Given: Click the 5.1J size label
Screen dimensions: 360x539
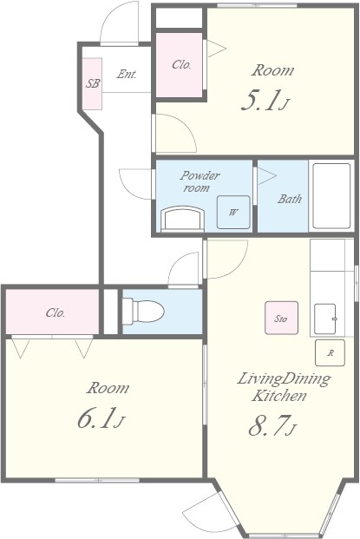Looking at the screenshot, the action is (x=265, y=101).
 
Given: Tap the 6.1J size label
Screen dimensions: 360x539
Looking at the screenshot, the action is (x=101, y=418).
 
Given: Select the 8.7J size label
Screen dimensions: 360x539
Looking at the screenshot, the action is (x=272, y=425).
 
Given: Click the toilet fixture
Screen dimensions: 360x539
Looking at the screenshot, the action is (x=143, y=312).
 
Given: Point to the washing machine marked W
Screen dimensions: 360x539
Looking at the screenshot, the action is (x=233, y=212).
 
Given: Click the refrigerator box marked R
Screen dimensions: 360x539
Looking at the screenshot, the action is (x=330, y=352).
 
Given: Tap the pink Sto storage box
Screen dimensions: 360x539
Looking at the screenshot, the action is (x=281, y=318).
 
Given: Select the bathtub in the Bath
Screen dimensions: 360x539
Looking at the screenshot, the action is (x=331, y=195).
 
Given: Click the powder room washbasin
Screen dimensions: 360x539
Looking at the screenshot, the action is (x=183, y=218).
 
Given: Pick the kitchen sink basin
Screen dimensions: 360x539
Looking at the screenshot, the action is (x=325, y=319).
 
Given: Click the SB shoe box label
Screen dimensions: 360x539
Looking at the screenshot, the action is (x=93, y=83).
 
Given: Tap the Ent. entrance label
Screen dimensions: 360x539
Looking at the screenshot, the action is (x=127, y=74).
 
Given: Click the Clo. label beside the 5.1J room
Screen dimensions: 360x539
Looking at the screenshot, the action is (x=181, y=64).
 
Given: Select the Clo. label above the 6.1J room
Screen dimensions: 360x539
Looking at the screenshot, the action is (x=56, y=312).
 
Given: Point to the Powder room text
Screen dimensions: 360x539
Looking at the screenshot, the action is (x=200, y=181).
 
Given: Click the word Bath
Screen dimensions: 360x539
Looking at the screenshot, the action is (x=290, y=199).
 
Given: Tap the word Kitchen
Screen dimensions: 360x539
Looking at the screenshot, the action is (x=278, y=396).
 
